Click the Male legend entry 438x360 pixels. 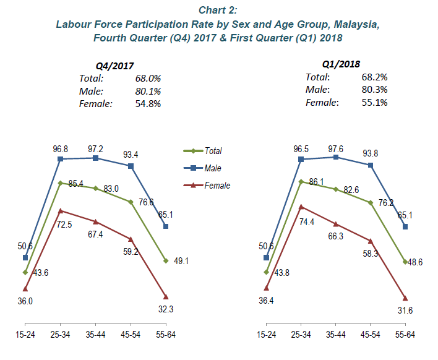[x=213, y=168]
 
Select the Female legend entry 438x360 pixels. [x=217, y=185]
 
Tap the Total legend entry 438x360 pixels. [x=212, y=150]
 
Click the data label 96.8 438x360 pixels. [x=60, y=148]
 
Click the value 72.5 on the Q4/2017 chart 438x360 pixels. [x=65, y=225]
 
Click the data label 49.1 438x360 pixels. [x=179, y=261]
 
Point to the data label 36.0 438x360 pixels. [x=25, y=301]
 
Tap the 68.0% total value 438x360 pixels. [x=148, y=79]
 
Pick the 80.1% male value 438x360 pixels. [x=148, y=91]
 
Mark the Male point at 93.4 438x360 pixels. [x=131, y=166]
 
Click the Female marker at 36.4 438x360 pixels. [x=266, y=288]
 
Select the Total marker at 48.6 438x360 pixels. [x=405, y=261]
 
